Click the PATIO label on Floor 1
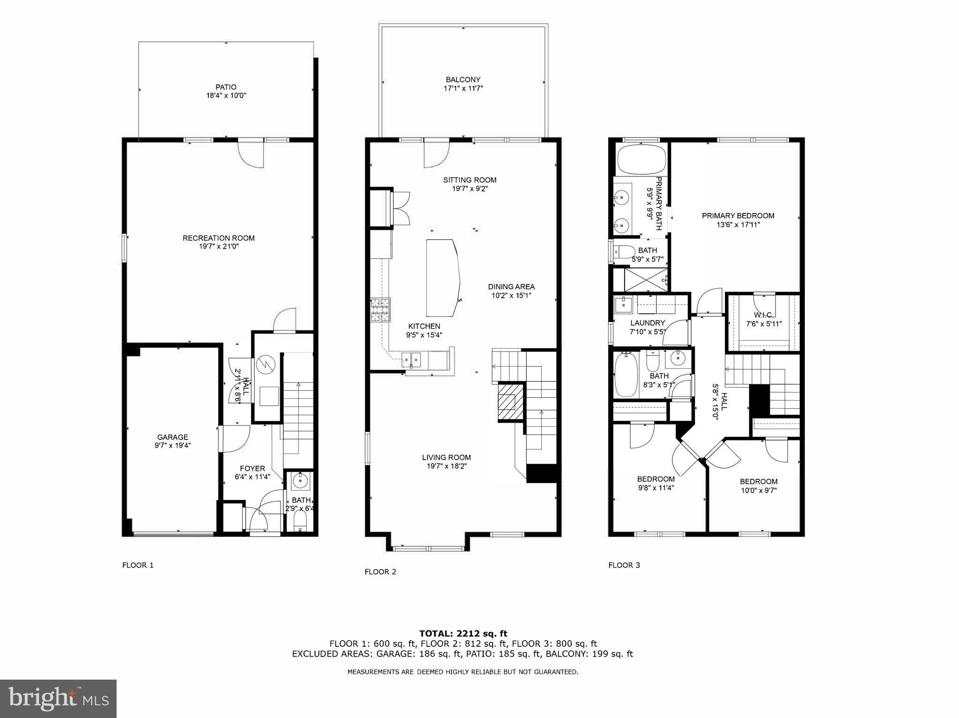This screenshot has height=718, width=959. (x=226, y=87)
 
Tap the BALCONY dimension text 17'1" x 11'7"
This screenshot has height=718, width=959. (x=463, y=88)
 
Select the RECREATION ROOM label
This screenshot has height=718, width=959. (x=219, y=238)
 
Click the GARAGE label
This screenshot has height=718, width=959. (x=172, y=437)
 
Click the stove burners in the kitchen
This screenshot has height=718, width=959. (x=381, y=309)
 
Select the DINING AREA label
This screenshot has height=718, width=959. (x=511, y=287)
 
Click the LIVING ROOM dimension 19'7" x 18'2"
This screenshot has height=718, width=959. (x=446, y=466)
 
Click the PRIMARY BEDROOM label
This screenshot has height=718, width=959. (x=738, y=216)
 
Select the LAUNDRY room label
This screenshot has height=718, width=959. (x=647, y=323)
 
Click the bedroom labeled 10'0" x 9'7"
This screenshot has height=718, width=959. (x=759, y=486)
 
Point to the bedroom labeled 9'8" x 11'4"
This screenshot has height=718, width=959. (x=656, y=484)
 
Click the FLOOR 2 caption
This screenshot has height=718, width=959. (x=380, y=571)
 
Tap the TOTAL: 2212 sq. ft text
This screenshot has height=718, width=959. (x=463, y=634)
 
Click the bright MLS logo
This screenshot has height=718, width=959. (x=58, y=699)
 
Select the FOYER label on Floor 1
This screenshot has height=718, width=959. (x=252, y=469)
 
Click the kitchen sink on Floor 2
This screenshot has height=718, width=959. (x=412, y=359)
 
